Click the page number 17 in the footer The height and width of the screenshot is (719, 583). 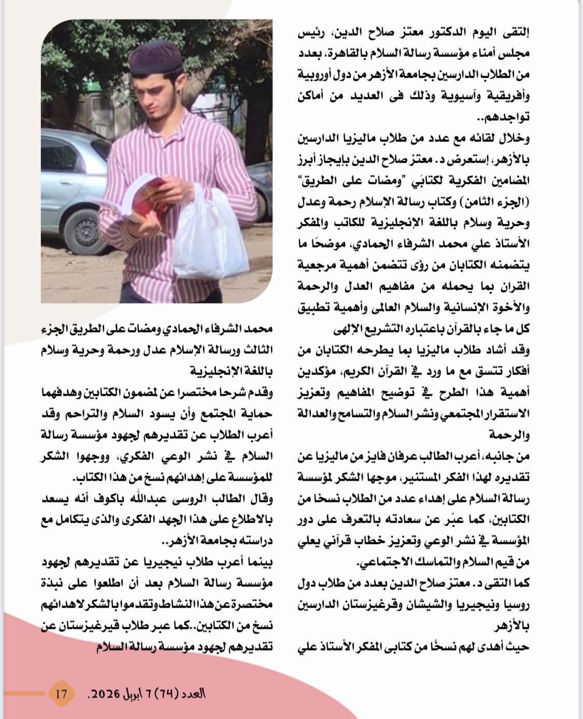tap(61, 693)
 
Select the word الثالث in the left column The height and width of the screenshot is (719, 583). tap(258, 350)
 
